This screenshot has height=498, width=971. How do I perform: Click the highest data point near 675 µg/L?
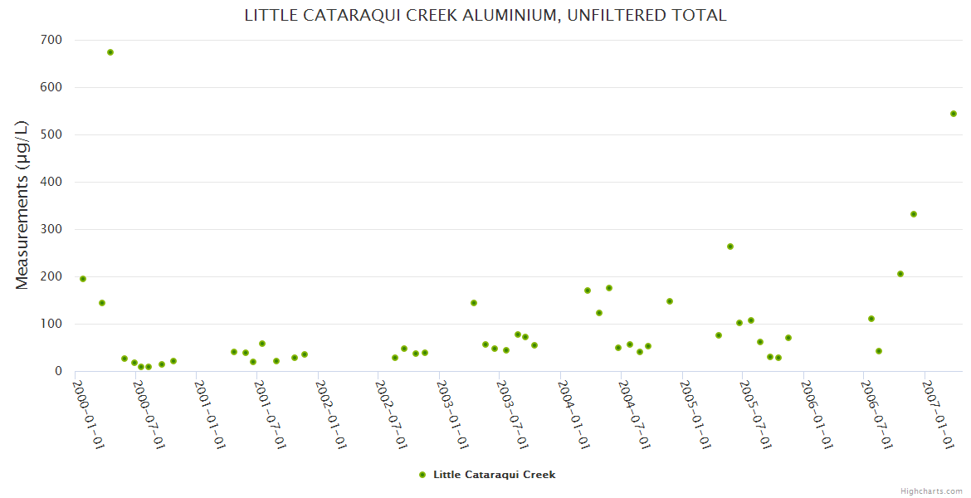[x=110, y=52]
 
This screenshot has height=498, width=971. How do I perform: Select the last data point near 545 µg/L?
[x=954, y=114]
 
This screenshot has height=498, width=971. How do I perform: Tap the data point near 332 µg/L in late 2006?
[x=914, y=214]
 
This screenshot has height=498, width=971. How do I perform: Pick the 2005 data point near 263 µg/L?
[x=730, y=247]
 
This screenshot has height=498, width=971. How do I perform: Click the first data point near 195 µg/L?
[x=83, y=279]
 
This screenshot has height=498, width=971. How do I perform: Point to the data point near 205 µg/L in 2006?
[x=900, y=274]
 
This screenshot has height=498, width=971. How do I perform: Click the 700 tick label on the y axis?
[x=51, y=40]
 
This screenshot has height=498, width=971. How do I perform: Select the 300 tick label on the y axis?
[x=51, y=229]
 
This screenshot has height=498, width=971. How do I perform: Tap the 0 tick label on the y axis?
[x=58, y=371]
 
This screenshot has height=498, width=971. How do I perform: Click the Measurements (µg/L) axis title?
[x=22, y=205]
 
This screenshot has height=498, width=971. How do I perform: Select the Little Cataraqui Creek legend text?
[x=494, y=475]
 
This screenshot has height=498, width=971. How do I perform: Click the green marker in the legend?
[x=422, y=475]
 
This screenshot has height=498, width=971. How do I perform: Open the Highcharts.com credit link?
[x=931, y=491]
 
